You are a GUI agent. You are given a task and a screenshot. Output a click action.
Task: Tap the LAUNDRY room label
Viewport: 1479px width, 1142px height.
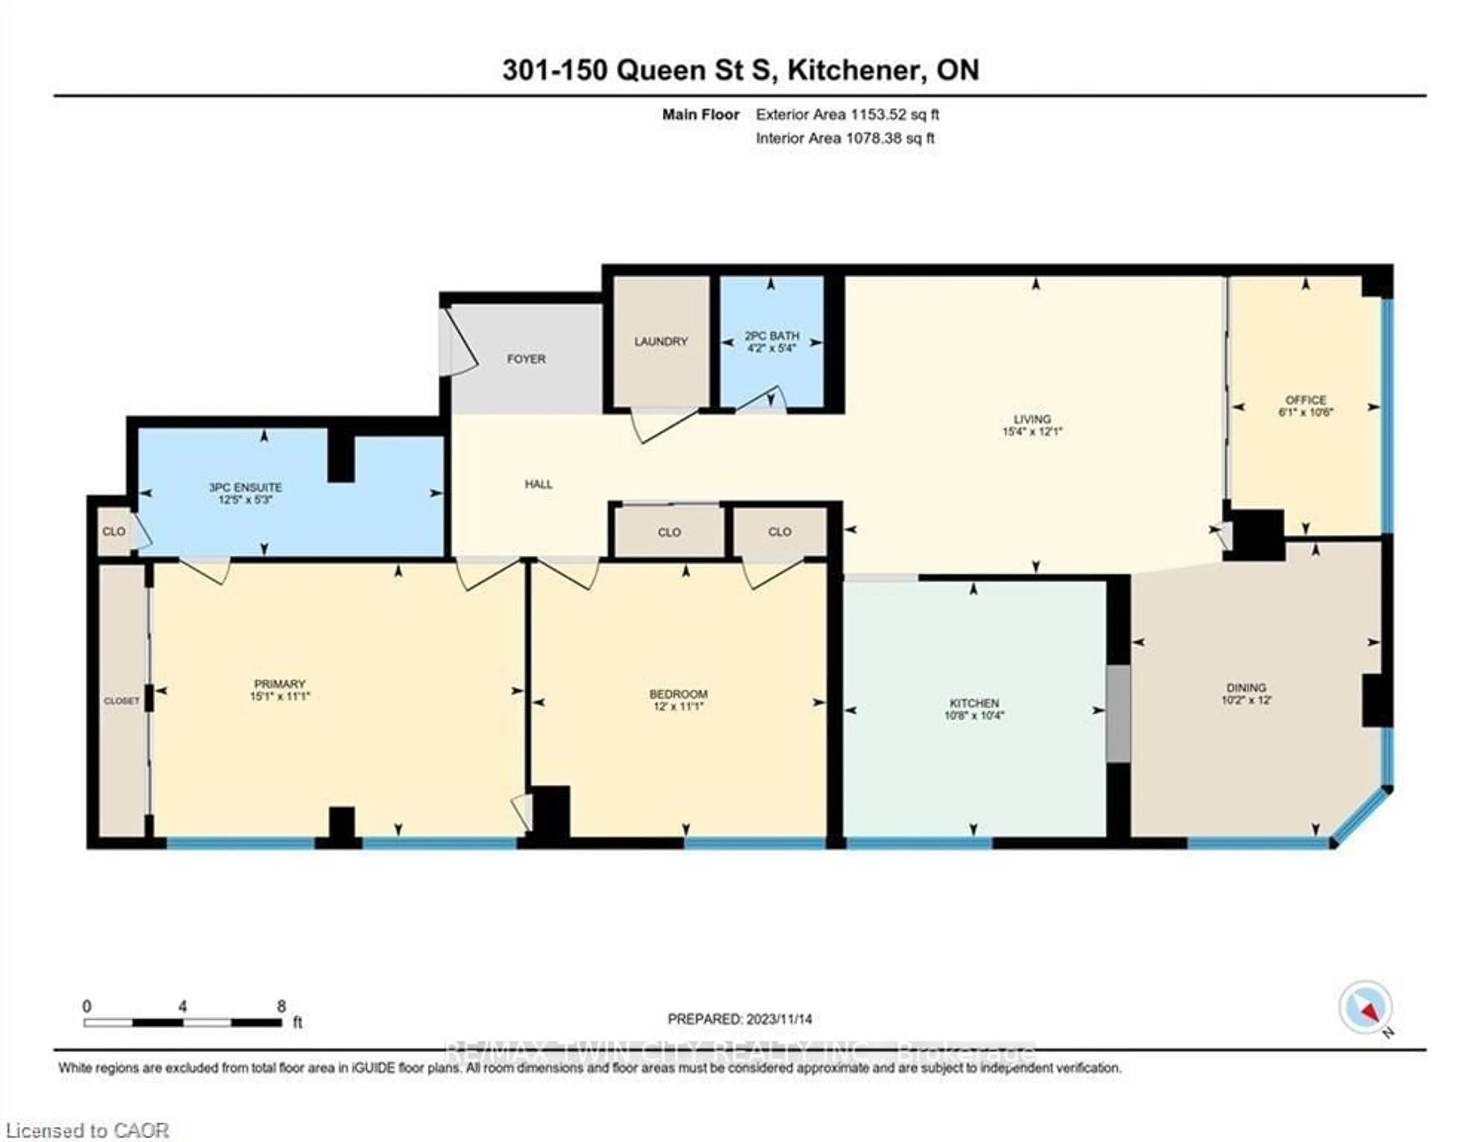pyautogui.click(x=660, y=341)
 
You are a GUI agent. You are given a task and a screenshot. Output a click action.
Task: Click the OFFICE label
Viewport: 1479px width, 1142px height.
pyautogui.click(x=1305, y=400)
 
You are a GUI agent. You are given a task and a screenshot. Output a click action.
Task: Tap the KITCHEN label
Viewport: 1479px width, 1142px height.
pyautogui.click(x=974, y=703)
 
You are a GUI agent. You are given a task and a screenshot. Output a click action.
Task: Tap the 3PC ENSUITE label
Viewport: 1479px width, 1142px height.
pyautogui.click(x=245, y=487)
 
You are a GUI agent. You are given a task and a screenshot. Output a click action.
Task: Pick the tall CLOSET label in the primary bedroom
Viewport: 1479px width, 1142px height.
pyautogui.click(x=121, y=701)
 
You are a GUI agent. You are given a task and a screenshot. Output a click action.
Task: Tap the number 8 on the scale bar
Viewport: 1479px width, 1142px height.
pyautogui.click(x=281, y=1006)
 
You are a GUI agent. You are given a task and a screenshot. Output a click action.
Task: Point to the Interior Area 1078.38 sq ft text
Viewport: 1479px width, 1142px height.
pyautogui.click(x=845, y=138)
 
